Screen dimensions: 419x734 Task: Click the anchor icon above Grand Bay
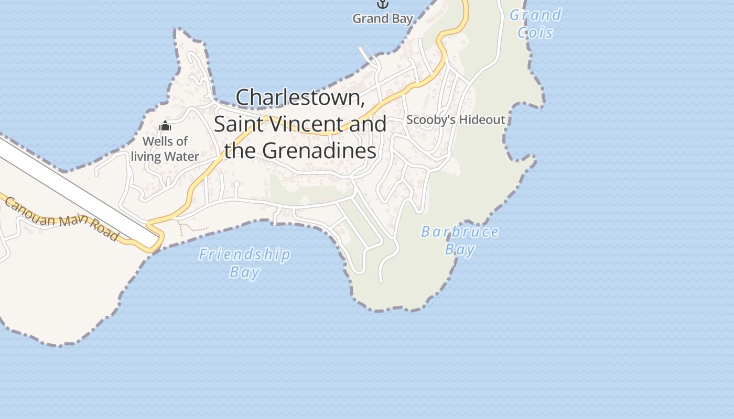[x=383, y=4]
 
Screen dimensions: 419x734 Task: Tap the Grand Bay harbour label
[x=383, y=19]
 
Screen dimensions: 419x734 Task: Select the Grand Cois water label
[x=535, y=24]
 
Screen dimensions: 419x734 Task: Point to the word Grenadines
[x=319, y=151]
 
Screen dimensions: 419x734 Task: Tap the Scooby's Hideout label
[x=456, y=119]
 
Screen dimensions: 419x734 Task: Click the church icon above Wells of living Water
[x=165, y=126]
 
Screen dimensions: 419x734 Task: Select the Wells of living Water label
[x=165, y=149]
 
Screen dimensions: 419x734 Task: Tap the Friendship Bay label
[x=244, y=263]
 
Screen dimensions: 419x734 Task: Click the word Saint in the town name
[x=239, y=124]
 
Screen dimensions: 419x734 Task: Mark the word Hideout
[x=479, y=119]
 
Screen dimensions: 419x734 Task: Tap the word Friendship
[x=244, y=255]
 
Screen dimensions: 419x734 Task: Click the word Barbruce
[x=460, y=232]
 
